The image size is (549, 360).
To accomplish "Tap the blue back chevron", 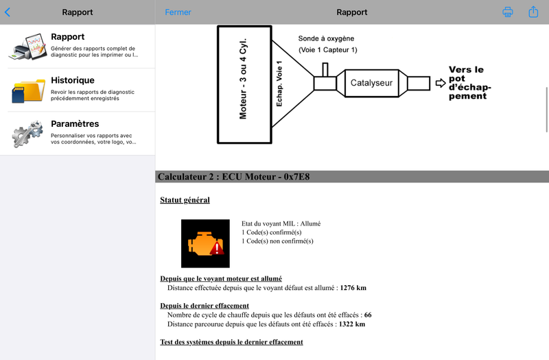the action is click(8, 12).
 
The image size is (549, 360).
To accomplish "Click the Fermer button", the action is click(178, 12).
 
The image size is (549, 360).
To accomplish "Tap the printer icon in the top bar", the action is click(508, 12).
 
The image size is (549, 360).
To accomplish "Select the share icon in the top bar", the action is click(533, 12).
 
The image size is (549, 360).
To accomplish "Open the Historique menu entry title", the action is click(73, 80).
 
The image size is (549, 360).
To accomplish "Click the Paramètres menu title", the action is click(75, 123).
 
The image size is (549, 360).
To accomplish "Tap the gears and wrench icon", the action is click(27, 133).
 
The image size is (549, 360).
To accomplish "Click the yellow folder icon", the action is click(29, 91).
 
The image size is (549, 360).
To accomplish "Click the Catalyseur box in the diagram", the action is click(371, 83).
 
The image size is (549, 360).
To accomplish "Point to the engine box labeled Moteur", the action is click(244, 84).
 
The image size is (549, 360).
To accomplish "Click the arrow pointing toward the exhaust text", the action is click(441, 83).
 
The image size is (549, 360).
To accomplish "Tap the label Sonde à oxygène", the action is click(326, 38).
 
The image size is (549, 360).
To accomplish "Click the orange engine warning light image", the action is click(205, 243).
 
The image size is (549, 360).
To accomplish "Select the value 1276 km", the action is click(353, 287).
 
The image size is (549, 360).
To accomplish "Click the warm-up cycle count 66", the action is click(368, 315).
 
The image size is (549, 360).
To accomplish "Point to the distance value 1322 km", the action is click(352, 324).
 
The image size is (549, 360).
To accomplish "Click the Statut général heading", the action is click(185, 200).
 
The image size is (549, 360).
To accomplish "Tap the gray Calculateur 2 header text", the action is click(233, 177).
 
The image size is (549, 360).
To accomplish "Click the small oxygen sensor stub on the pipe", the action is click(325, 69).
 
